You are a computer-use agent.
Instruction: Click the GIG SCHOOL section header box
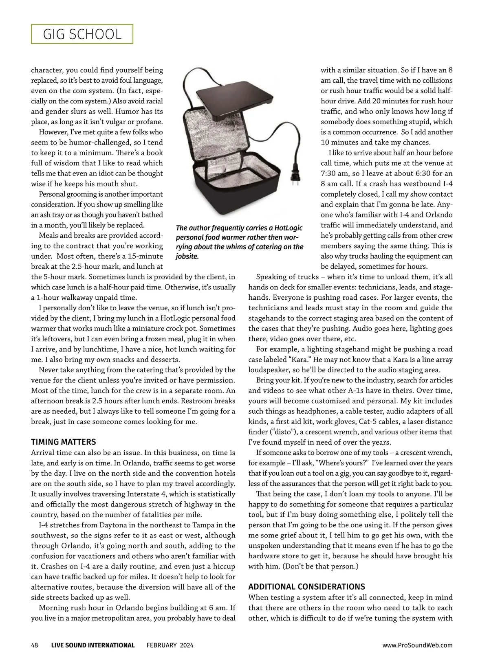pos(82,34)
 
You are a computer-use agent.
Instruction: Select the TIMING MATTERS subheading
pos(64,442)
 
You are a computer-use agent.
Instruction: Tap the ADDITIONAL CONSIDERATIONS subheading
pos(307,587)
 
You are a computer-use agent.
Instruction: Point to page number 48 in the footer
pos(35,645)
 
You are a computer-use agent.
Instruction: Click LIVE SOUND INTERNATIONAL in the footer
pos(93,645)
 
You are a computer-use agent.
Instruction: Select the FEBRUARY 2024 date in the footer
pos(170,645)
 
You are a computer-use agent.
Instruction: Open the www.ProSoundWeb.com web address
pos(418,645)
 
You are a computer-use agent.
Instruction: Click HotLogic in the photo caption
pos(289,228)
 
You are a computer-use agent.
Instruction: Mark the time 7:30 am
pos(334,173)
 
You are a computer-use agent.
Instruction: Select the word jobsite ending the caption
pos(187,256)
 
